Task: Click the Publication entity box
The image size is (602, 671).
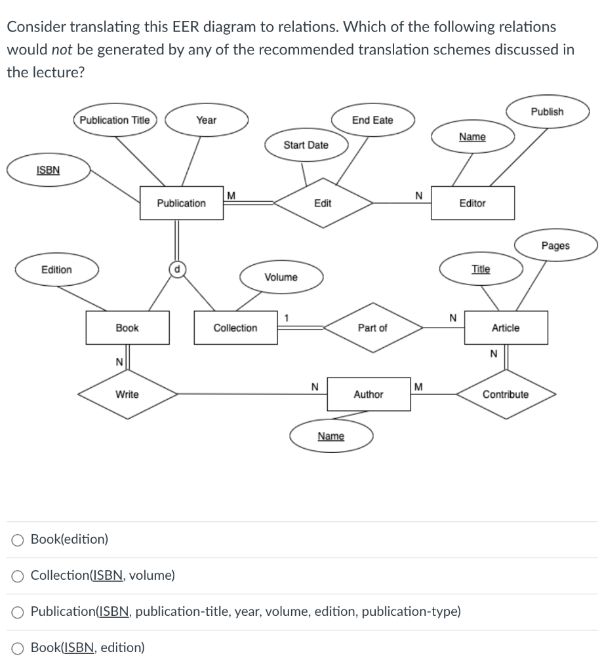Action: [181, 203]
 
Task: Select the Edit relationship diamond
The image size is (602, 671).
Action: [323, 203]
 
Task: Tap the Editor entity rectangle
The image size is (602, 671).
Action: [472, 203]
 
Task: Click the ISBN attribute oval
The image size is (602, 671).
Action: [48, 170]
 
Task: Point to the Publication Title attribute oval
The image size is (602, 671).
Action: [115, 120]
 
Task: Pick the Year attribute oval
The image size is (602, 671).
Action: [207, 120]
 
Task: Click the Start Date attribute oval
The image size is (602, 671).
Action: [306, 145]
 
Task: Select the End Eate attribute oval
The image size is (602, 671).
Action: [372, 120]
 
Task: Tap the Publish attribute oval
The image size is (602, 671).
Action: [547, 111]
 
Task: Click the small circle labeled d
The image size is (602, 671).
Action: [176, 269]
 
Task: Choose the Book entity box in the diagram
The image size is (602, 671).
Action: [127, 328]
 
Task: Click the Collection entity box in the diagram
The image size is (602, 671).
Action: [235, 328]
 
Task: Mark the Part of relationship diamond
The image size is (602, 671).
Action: [372, 328]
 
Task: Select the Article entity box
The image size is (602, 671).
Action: [506, 328]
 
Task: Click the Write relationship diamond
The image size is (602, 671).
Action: [127, 394]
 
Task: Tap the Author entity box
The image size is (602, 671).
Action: [369, 394]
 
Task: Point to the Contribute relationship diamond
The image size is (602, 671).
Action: [506, 394]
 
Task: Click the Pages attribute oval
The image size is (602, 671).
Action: [555, 246]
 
